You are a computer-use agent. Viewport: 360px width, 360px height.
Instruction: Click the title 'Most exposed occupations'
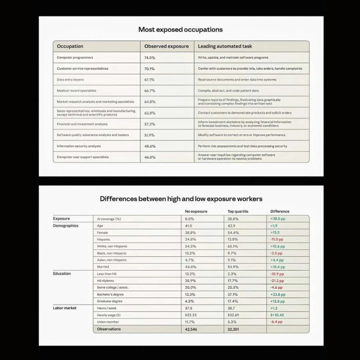point(180,30)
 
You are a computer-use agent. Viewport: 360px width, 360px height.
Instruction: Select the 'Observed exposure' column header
point(166,46)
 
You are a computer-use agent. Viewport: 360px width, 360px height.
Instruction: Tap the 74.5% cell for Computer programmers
point(150,58)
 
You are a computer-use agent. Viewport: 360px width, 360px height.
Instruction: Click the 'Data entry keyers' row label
point(70,80)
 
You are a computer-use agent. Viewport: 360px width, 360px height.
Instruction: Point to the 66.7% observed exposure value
point(150,91)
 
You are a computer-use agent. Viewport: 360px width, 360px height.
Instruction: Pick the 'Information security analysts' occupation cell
point(79,146)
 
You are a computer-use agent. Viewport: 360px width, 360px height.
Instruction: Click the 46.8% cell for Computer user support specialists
point(150,157)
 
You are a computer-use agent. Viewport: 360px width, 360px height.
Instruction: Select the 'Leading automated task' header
point(225,46)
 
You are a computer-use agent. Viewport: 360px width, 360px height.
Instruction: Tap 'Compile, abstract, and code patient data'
point(228,91)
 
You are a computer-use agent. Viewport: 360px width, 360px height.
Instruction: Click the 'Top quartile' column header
point(238,212)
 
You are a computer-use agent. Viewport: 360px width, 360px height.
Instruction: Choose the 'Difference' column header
point(280,212)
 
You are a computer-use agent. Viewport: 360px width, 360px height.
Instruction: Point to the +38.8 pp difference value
point(278,219)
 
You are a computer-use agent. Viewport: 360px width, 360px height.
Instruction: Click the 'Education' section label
point(62,274)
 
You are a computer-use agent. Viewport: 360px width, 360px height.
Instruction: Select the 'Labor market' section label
point(65,308)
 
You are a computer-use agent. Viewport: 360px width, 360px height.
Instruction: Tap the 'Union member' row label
point(108,322)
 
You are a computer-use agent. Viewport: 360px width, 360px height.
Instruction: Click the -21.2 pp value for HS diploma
point(277,281)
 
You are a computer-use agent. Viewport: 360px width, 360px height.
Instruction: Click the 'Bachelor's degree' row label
point(110,295)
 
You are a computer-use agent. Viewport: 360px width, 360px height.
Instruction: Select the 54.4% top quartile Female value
point(233,233)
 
